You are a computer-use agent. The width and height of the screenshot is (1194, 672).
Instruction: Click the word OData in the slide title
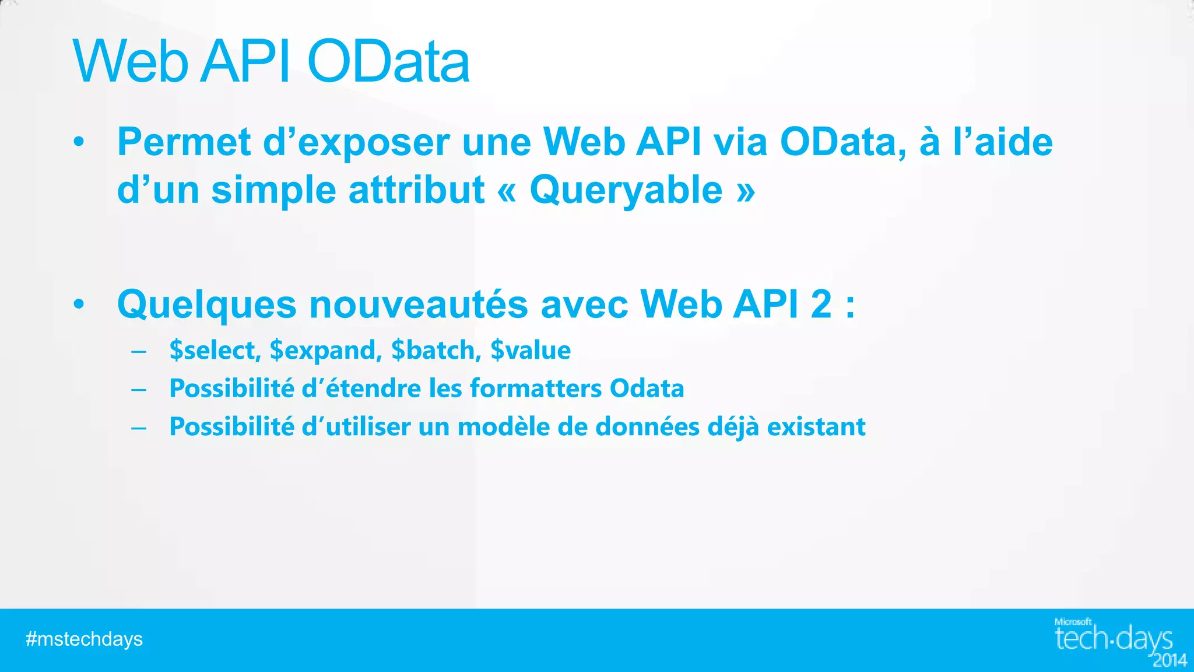click(388, 62)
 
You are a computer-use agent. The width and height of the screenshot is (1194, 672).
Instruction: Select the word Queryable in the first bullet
click(626, 190)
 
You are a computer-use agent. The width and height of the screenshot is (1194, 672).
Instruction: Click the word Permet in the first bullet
click(184, 142)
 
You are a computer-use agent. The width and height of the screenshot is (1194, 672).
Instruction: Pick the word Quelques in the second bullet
click(207, 304)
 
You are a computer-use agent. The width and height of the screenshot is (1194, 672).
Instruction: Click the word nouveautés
click(418, 304)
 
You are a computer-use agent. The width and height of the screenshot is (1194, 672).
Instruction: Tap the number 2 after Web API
click(821, 304)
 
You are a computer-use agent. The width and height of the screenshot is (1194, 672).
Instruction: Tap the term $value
click(531, 351)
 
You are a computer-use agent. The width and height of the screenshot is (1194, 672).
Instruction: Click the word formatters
click(536, 388)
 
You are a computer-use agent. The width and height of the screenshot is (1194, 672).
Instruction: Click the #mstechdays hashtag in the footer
click(85, 639)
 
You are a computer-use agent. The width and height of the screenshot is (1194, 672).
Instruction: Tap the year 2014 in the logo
click(1170, 660)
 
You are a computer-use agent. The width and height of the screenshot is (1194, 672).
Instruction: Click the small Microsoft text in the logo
click(1073, 622)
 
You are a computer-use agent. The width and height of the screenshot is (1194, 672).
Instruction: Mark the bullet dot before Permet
click(79, 142)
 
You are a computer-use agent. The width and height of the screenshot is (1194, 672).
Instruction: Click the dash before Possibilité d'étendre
click(139, 389)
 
